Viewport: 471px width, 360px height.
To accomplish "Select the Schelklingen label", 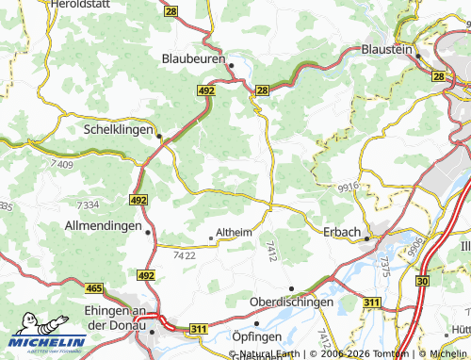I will pos(118,129).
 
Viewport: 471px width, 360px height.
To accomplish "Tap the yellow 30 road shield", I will pos(421,281).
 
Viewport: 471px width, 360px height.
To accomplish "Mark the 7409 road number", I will pos(64,166).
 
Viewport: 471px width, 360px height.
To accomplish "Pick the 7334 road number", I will pos(89,205).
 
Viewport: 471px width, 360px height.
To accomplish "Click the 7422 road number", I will pos(185,255).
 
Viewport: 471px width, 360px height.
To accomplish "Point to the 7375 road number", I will pos(383,266).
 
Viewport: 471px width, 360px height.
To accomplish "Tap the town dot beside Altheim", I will pos(210,238).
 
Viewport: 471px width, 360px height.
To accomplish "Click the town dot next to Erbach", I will pos(366,238).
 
